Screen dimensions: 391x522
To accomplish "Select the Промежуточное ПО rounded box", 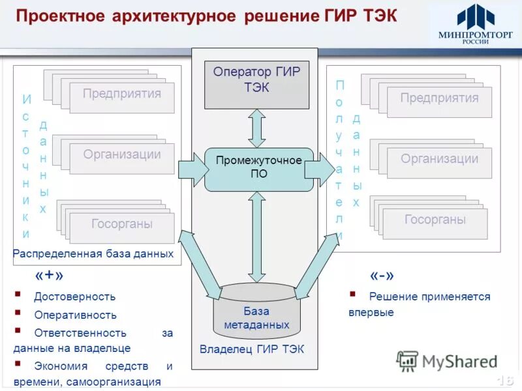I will tap(259, 169).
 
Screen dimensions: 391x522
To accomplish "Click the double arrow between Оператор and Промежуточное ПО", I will tap(257, 128).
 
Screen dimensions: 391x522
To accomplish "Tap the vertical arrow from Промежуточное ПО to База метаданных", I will tap(257, 236).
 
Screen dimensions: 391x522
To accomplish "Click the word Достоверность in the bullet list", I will tap(75, 297).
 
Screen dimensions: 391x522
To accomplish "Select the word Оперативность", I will tap(76, 315).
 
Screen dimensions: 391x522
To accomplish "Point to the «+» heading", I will tap(50, 276).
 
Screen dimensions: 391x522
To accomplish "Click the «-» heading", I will tap(382, 275).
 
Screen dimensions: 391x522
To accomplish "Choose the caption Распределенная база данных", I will tap(93, 253).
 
